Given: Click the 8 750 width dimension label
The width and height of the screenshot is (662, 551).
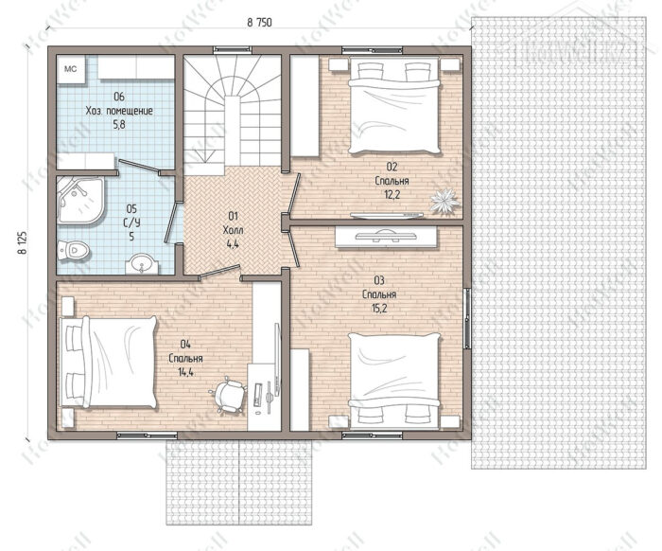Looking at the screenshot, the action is (x=260, y=23).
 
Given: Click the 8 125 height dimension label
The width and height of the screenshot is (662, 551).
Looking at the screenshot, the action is (x=22, y=242).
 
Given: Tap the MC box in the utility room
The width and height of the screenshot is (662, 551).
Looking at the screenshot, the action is (x=71, y=68).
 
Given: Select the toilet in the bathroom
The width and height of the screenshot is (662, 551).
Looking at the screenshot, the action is (x=74, y=250).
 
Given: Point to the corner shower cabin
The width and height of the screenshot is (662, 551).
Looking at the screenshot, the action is (x=80, y=200).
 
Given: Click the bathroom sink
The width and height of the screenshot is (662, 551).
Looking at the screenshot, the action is (x=142, y=264).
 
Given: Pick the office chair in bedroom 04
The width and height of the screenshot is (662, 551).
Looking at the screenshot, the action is (x=228, y=396).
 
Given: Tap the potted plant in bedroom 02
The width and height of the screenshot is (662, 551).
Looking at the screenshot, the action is (x=445, y=200).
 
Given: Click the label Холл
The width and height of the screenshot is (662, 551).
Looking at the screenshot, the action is (x=233, y=230).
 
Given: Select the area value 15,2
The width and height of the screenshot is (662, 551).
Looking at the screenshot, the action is (x=378, y=309).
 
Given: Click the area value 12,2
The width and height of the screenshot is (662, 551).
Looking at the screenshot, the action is (x=392, y=194).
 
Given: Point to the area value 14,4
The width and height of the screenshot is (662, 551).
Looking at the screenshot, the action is (x=185, y=372).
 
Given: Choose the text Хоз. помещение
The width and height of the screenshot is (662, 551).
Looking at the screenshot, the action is (x=119, y=111).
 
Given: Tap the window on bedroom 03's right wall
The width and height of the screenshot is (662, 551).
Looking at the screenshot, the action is (x=467, y=318).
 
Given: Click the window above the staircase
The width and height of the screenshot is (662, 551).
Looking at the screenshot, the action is (x=233, y=50).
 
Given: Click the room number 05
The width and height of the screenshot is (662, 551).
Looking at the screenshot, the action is (x=131, y=208).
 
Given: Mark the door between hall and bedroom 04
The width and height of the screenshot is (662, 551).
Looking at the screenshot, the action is (x=219, y=272).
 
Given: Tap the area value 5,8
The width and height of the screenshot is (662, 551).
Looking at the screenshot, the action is (x=119, y=125).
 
